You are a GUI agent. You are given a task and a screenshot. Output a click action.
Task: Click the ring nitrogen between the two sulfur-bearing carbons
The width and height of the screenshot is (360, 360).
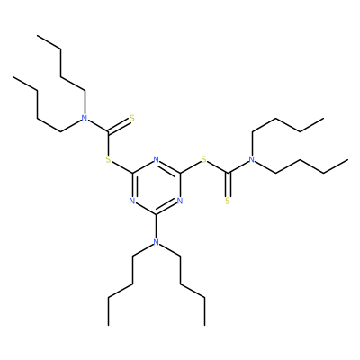[x=156, y=159]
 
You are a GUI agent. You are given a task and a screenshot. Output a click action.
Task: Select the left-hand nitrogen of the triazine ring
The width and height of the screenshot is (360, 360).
[x=131, y=201]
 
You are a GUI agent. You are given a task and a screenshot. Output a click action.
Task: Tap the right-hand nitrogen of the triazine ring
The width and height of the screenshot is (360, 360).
[x=180, y=201]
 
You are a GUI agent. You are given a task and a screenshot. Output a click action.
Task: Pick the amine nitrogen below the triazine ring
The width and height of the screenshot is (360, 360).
[x=156, y=242]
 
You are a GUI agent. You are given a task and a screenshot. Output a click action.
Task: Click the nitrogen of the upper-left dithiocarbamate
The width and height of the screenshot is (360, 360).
[x=85, y=118]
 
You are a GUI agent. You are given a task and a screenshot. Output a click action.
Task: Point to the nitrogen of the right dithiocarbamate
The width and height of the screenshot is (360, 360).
[x=252, y=159]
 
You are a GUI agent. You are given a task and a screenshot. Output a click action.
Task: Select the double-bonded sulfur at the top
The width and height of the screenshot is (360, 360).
[x=132, y=118]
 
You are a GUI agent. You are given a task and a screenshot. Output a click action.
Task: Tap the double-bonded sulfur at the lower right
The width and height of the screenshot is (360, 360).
[x=228, y=201]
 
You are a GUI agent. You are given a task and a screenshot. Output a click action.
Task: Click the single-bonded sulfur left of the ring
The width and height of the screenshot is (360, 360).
[x=108, y=159]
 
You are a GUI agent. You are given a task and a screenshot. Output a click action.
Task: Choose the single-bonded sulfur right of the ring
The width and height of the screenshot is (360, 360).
[x=204, y=159]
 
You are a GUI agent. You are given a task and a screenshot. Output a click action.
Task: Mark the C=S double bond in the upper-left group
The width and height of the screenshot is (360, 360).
[x=119, y=126]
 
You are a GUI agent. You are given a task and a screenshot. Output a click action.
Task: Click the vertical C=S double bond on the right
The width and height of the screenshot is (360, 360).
[x=228, y=184]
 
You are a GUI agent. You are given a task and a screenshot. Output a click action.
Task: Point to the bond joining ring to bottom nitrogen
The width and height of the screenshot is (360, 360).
[x=156, y=227]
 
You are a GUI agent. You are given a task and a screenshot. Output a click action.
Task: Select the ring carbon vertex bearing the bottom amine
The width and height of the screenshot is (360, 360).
[x=156, y=215]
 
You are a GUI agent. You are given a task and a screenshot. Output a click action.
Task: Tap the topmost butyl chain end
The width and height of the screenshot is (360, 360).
[x=37, y=36]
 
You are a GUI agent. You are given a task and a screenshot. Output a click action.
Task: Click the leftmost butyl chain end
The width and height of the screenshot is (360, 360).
[x=13, y=77]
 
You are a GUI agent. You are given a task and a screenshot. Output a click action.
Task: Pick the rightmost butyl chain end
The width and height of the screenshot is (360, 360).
[x=347, y=160]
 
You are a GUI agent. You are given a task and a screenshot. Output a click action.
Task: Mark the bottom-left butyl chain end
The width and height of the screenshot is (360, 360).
[x=109, y=325]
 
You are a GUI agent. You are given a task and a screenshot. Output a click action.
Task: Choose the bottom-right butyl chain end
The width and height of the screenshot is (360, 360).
[x=205, y=325]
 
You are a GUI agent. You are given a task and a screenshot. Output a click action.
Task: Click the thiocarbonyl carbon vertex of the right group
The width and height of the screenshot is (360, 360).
[x=228, y=173]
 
